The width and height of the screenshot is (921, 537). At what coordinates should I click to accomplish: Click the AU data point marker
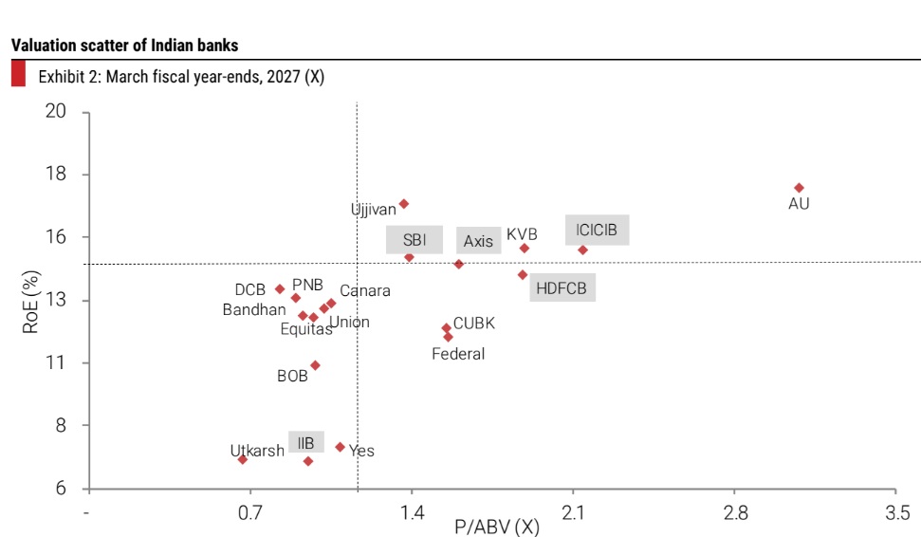coord(799,188)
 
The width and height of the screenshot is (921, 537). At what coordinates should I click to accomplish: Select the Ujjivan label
coord(373,209)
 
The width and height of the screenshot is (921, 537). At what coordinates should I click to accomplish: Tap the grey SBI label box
coord(414,240)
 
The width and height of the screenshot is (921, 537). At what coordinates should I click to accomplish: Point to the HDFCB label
coord(562,287)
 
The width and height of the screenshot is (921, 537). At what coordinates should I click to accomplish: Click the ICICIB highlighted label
coord(597,231)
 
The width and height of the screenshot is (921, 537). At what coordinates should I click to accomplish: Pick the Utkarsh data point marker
coord(243,459)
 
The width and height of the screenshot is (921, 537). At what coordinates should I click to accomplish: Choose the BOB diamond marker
coord(315,365)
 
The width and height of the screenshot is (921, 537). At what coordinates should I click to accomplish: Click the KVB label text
coord(522,233)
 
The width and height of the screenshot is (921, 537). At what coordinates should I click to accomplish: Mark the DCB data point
coord(280,288)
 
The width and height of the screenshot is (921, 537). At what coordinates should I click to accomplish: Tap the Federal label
coord(458,354)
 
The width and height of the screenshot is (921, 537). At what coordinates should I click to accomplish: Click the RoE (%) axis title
coord(30,302)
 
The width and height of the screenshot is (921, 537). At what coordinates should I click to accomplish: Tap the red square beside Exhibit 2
coord(18,75)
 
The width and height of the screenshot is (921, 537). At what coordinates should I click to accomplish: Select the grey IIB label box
coord(305,442)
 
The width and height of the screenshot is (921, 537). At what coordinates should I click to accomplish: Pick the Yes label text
coord(361,451)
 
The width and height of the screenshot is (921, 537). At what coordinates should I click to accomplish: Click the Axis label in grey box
coord(478,241)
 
